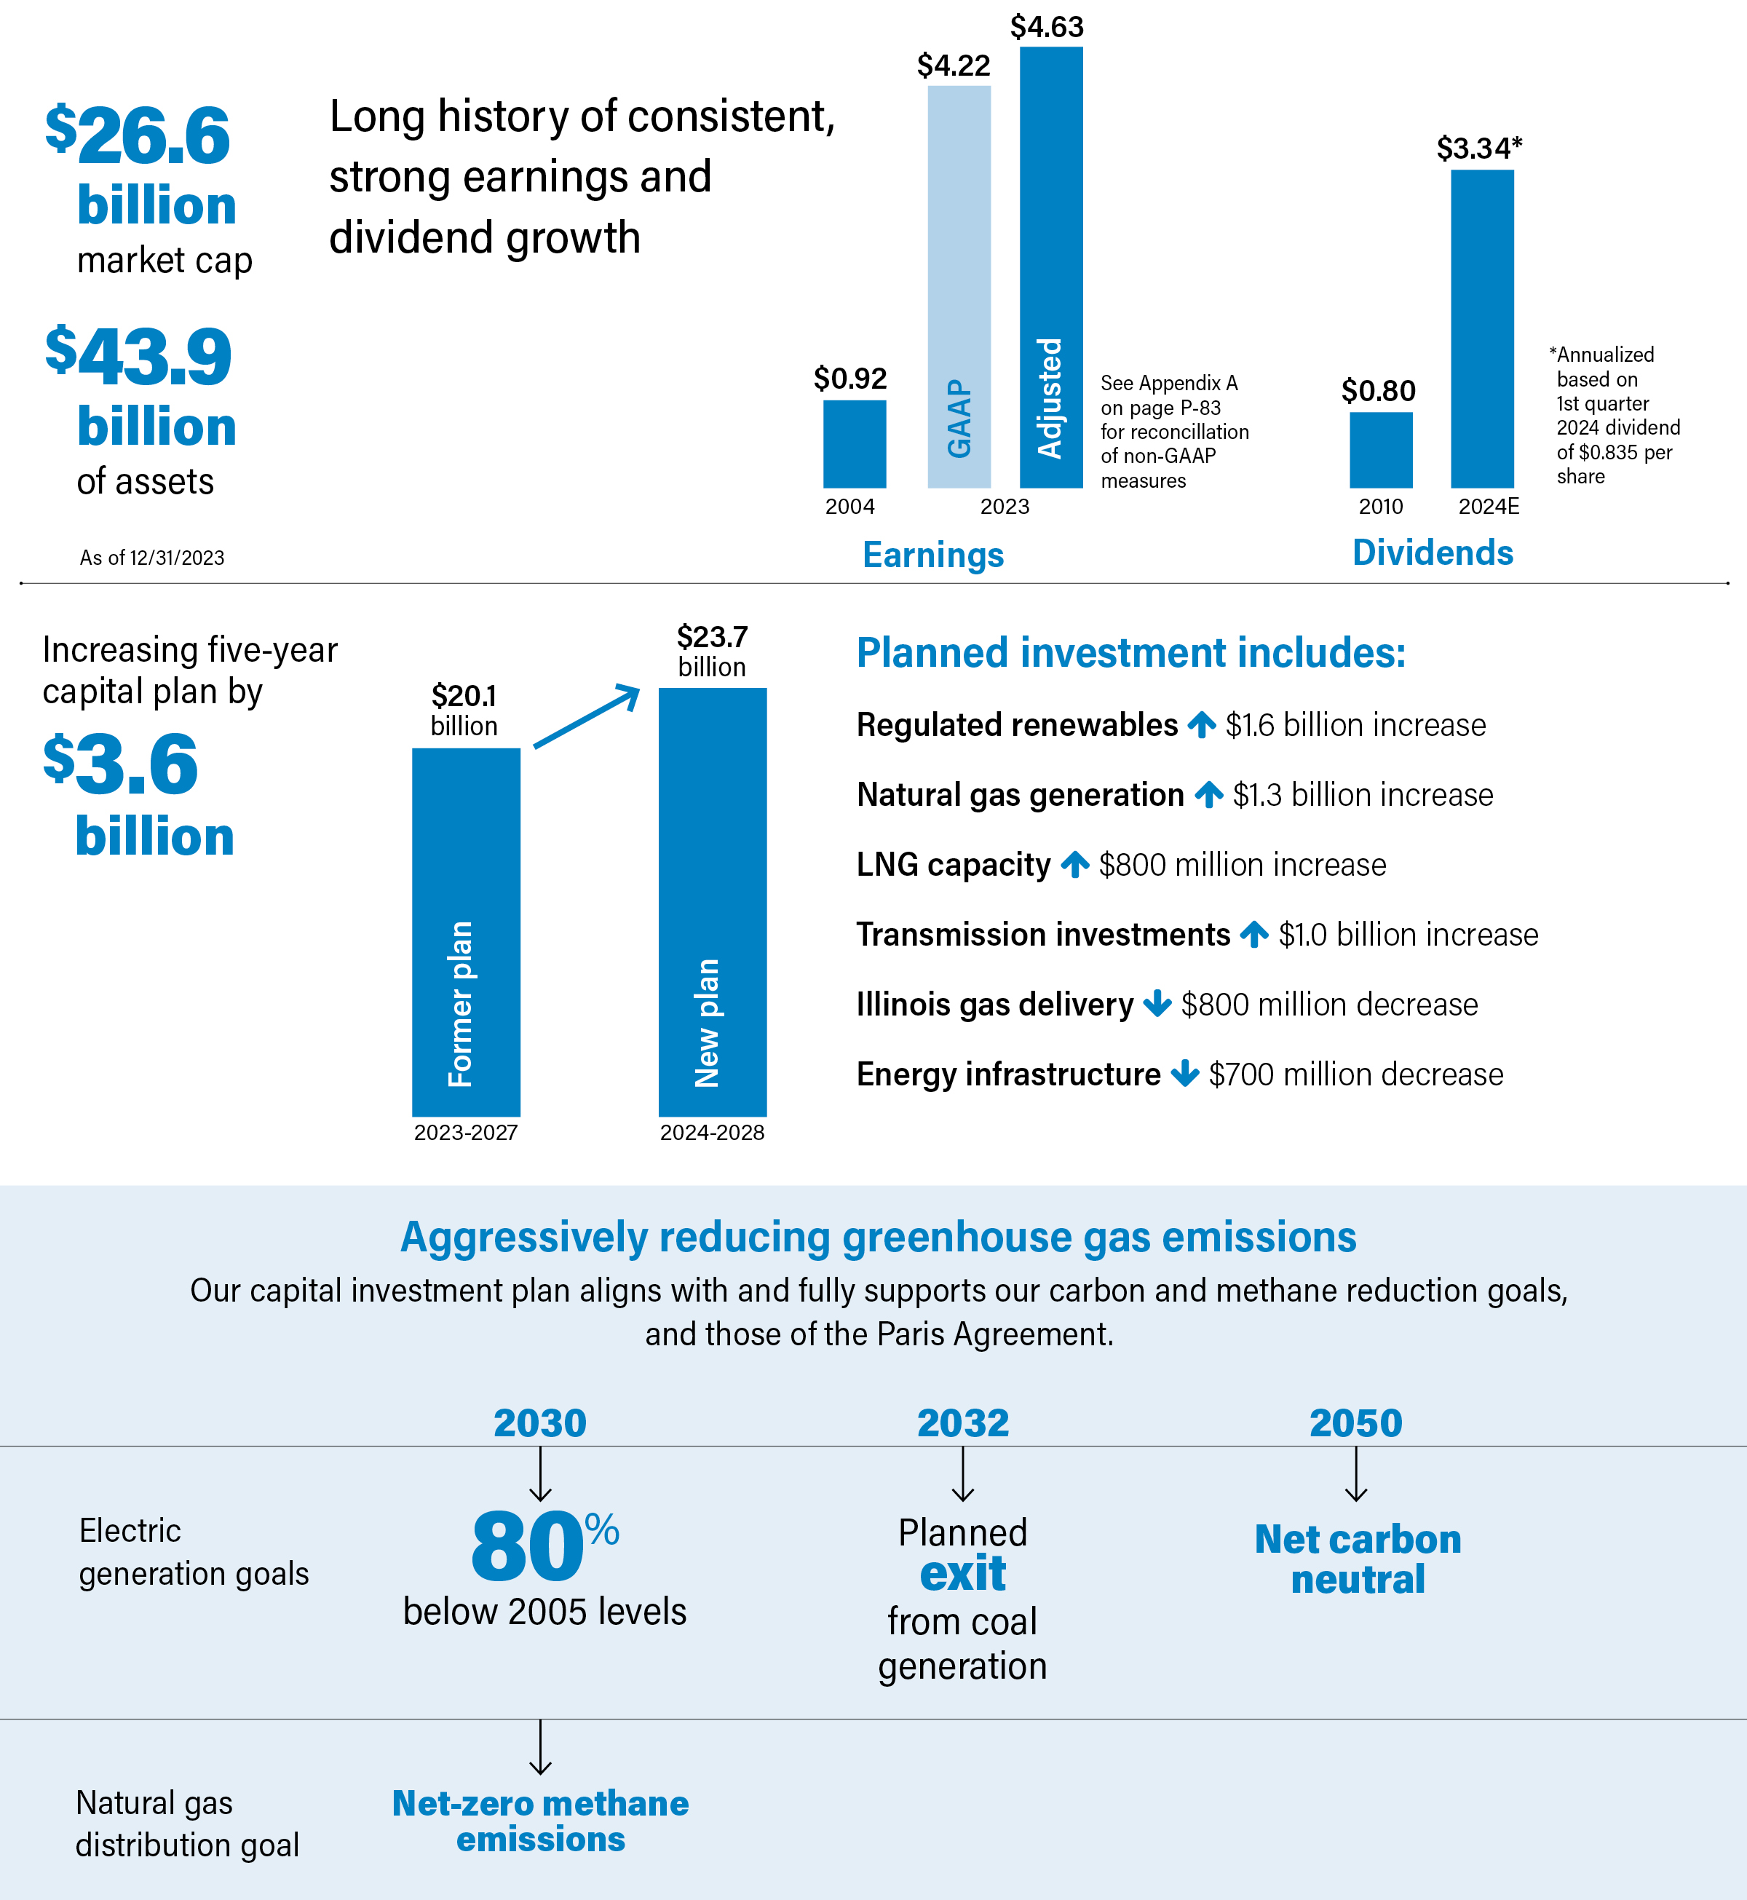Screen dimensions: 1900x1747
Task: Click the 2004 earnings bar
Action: click(x=854, y=443)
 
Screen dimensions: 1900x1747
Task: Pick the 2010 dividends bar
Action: click(x=1380, y=450)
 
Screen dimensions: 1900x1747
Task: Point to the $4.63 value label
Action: click(x=1047, y=26)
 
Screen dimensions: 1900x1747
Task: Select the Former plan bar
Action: click(x=465, y=931)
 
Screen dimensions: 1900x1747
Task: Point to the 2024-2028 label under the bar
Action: click(x=712, y=1133)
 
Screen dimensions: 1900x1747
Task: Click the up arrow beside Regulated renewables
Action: click(x=1202, y=725)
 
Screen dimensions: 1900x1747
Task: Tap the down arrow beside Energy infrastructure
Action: click(x=1184, y=1074)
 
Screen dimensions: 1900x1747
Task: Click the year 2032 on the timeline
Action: click(x=962, y=1422)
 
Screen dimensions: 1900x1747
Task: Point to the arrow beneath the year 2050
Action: click(x=1355, y=1475)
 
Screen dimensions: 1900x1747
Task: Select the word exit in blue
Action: click(x=962, y=1574)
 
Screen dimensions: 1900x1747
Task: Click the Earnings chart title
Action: click(x=933, y=555)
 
